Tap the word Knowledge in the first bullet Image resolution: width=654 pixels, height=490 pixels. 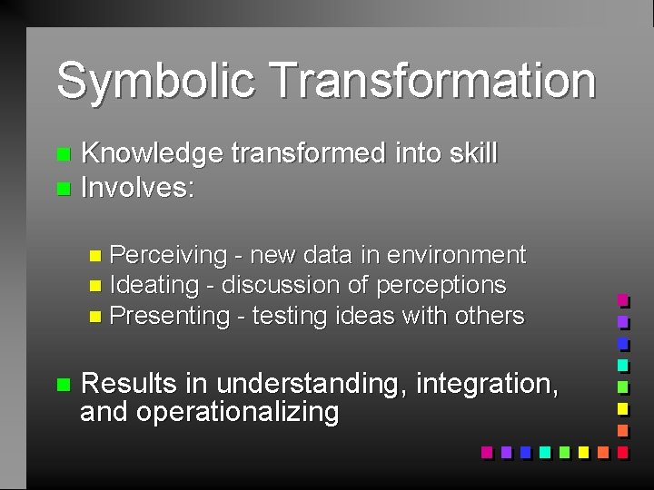(x=152, y=154)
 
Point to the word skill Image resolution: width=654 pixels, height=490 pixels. (x=472, y=154)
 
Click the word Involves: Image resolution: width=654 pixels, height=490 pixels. (x=138, y=188)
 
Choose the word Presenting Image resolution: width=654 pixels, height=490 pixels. (x=170, y=316)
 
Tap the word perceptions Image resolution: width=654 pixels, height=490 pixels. (x=441, y=285)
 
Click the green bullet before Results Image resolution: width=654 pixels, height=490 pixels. (x=62, y=385)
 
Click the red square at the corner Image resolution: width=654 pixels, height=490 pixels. (x=622, y=451)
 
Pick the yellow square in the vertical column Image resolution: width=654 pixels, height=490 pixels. (x=622, y=408)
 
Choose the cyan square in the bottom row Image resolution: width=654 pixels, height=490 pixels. (x=545, y=451)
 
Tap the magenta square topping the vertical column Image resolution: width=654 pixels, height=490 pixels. (x=622, y=300)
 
